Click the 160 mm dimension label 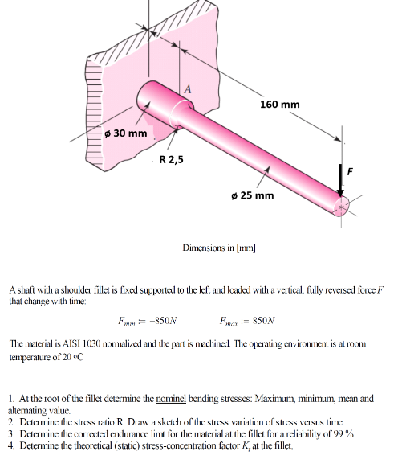(x=280, y=105)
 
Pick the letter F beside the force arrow (x=350, y=170)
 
